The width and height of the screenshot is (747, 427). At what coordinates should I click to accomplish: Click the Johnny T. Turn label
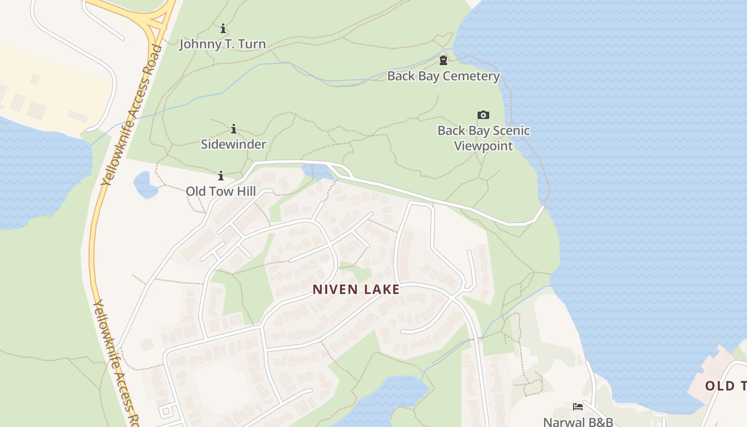tap(222, 44)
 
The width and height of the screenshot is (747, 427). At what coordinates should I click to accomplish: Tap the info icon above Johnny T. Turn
tap(223, 28)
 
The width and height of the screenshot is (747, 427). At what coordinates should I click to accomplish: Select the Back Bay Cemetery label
tap(443, 76)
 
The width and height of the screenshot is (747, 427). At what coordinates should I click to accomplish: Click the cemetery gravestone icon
tap(443, 60)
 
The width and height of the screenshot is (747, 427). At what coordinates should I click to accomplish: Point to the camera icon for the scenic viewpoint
tap(483, 115)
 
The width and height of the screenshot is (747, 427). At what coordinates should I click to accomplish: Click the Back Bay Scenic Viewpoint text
tap(483, 138)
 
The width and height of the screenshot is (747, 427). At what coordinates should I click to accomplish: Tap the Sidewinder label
tap(233, 144)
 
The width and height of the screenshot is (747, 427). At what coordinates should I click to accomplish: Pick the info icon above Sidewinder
tap(233, 129)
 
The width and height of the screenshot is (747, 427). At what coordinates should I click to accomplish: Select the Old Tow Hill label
tap(220, 191)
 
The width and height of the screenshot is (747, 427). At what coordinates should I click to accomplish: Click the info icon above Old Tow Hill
tap(221, 176)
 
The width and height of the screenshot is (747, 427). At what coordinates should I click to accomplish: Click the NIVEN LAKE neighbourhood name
tap(356, 289)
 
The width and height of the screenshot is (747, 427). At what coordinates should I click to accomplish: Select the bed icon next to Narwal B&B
tap(577, 407)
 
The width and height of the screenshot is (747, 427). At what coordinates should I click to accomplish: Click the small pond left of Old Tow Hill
tap(145, 185)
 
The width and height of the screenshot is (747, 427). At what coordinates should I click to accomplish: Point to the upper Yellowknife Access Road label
tap(132, 115)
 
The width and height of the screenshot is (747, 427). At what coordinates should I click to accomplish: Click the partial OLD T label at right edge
tap(726, 385)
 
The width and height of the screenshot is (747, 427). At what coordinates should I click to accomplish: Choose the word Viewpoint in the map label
tap(483, 146)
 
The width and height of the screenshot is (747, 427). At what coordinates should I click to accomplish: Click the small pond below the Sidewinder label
tap(318, 171)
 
